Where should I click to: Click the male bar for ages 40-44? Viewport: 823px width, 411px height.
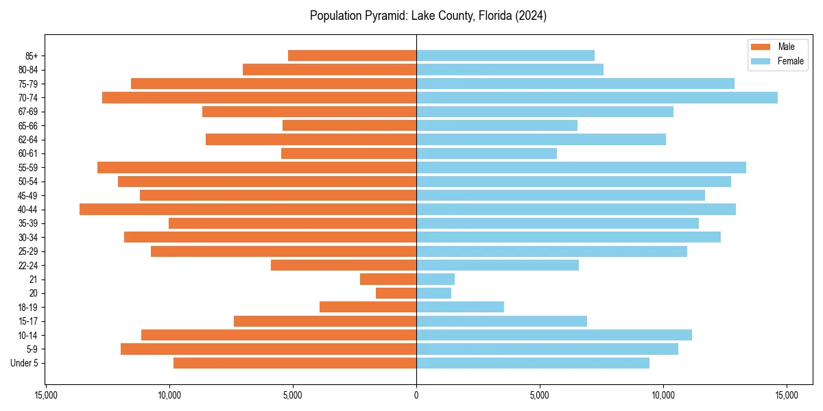[x=248, y=210]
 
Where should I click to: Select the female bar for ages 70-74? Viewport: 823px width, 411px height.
[x=597, y=98]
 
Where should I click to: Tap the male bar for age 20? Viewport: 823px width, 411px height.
[x=396, y=293]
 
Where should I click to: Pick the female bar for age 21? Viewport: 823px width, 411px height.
[x=436, y=279]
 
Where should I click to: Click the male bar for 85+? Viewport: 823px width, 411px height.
[x=352, y=56]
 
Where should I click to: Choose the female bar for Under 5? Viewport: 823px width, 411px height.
[x=533, y=363]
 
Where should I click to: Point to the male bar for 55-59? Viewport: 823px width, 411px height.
[x=257, y=168]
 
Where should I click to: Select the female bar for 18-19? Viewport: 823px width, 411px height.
[x=460, y=307]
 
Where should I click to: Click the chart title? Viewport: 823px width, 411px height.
[x=428, y=16]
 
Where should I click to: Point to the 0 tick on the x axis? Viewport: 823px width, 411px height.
[x=416, y=395]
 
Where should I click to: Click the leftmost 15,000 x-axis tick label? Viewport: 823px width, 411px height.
[x=46, y=395]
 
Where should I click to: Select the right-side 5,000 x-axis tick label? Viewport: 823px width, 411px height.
[x=540, y=395]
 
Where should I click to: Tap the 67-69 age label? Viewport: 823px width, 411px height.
[x=28, y=112]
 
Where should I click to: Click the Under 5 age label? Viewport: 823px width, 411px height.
[x=24, y=363]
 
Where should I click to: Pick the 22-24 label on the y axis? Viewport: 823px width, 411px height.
[x=28, y=266]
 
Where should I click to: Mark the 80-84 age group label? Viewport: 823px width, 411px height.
[x=28, y=70]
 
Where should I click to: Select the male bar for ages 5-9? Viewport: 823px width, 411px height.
[x=268, y=349]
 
